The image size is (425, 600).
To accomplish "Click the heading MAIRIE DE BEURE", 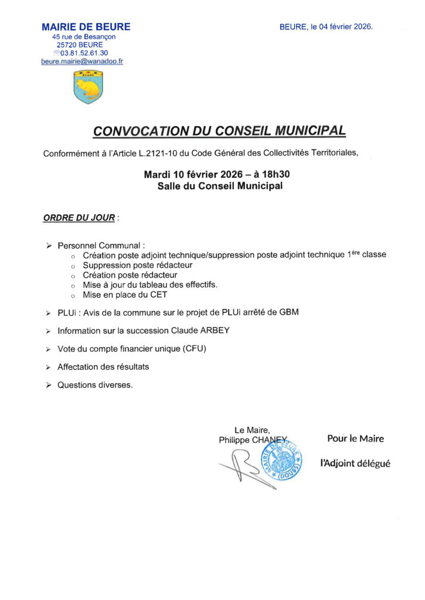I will click(86, 27).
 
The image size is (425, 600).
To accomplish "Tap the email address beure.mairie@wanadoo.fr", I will click(82, 61).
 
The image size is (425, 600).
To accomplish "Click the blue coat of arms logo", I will click(89, 87).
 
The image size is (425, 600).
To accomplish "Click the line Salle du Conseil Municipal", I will click(220, 186).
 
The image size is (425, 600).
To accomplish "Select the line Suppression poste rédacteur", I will click(138, 265).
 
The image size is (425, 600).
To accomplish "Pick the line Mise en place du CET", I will click(125, 295).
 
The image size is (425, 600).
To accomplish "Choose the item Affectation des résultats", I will click(103, 367).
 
